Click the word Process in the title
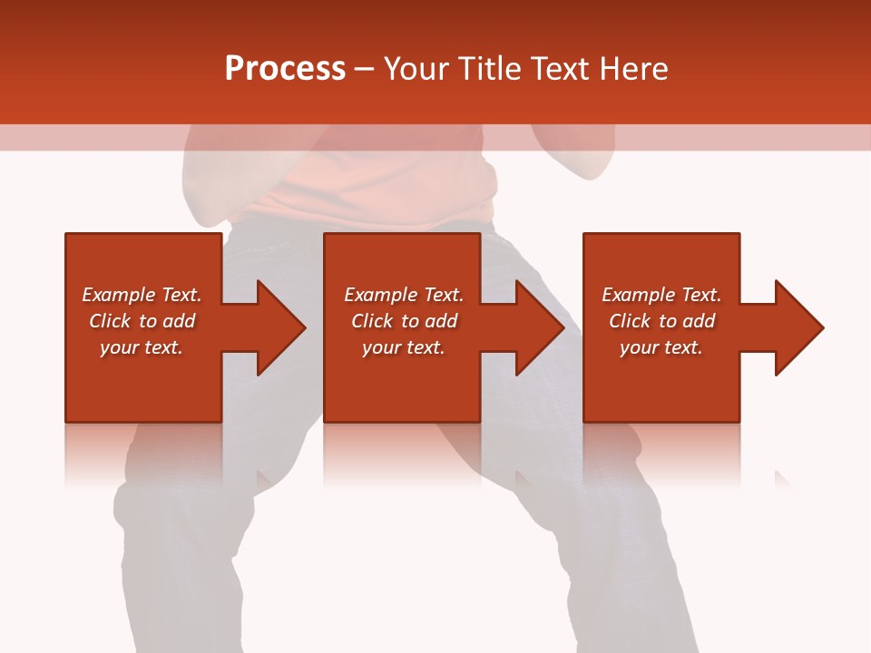(x=285, y=69)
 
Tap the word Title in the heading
(x=491, y=69)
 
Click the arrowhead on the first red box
(x=277, y=327)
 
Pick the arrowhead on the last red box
(x=795, y=327)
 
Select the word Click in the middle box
(x=372, y=321)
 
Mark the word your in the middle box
(x=381, y=347)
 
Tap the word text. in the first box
(x=163, y=347)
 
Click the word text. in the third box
(x=683, y=347)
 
